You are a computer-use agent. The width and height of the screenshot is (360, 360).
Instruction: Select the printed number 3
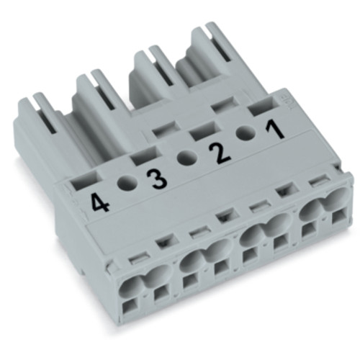(153, 177)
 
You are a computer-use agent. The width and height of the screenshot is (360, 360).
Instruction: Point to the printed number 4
(101, 202)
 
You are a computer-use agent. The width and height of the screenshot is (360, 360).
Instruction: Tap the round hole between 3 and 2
(184, 158)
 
